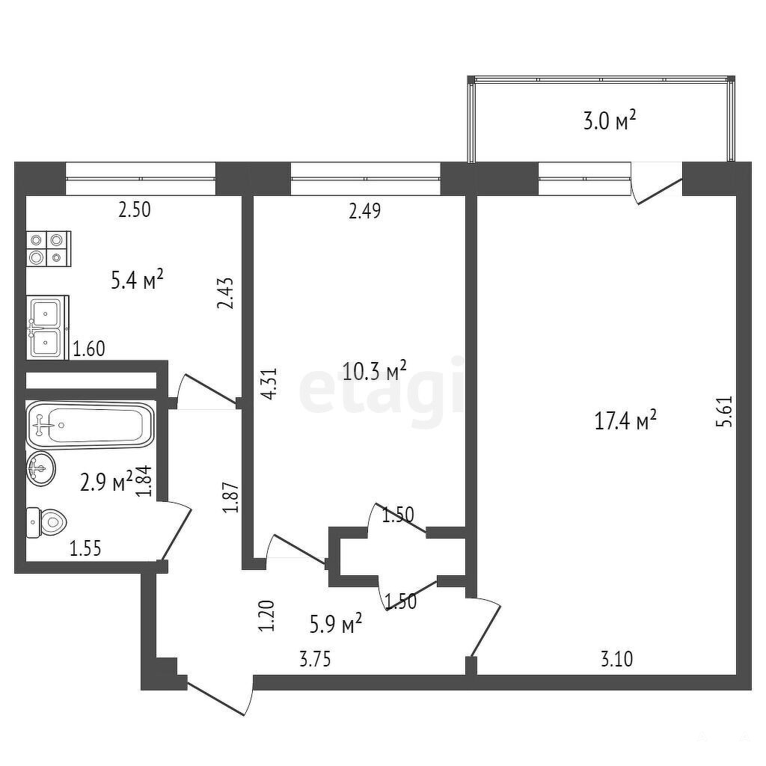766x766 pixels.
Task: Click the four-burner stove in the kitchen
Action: (x=49, y=248)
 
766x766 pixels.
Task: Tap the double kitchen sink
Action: (x=47, y=328)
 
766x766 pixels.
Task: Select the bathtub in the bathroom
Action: (x=90, y=425)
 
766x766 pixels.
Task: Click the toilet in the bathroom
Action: (x=46, y=523)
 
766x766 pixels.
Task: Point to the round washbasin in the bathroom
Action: (x=41, y=468)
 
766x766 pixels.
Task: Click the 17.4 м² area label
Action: (x=625, y=420)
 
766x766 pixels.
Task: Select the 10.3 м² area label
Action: (x=375, y=371)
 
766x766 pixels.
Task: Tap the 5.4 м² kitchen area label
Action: (x=138, y=281)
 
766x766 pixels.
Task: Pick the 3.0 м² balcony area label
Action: (x=610, y=120)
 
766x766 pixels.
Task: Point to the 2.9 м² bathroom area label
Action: (x=106, y=482)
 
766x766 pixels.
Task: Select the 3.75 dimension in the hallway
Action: (x=315, y=660)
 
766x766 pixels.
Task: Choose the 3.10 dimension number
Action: (x=616, y=660)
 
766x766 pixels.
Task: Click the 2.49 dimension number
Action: (x=364, y=211)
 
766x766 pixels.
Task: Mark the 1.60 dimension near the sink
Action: (x=89, y=349)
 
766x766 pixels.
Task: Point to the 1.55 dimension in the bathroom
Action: (x=85, y=548)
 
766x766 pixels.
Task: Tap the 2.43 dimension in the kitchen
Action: (x=226, y=293)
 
